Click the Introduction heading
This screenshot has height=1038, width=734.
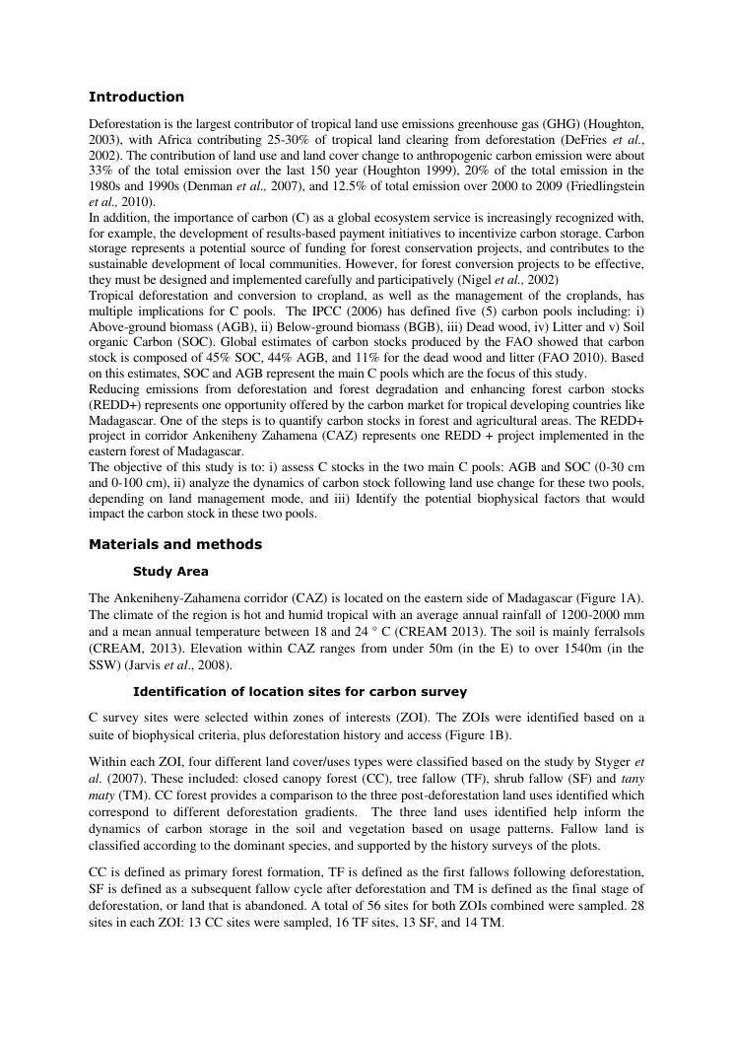[x=136, y=97]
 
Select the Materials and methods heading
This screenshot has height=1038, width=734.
[x=175, y=544]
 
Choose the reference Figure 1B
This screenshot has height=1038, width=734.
[x=428, y=732]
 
